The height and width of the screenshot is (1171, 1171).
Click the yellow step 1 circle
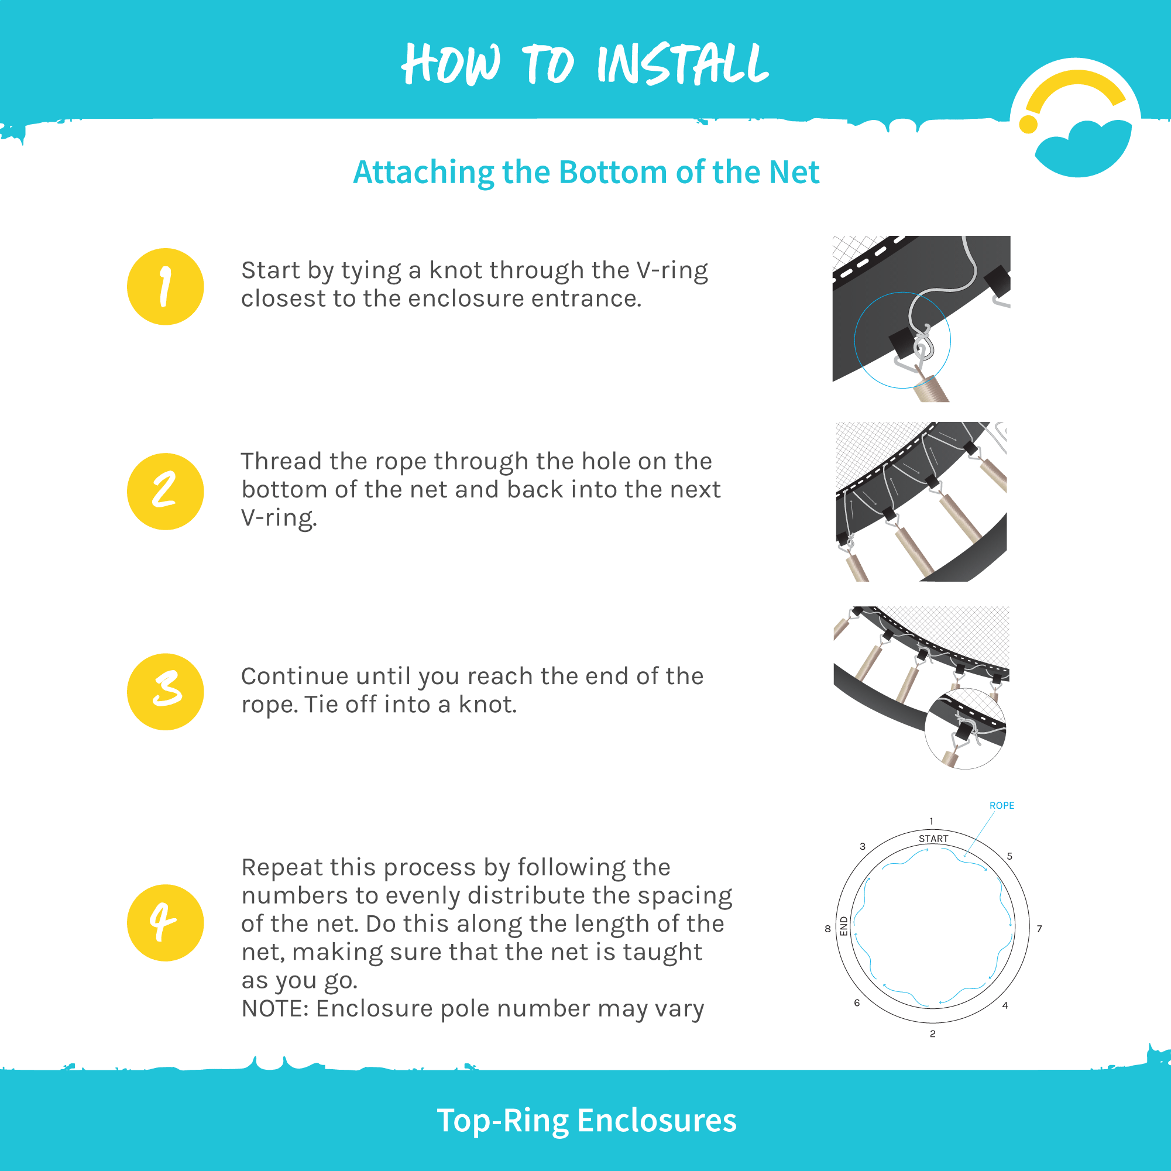coord(166,287)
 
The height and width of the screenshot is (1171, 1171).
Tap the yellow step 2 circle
coord(166,492)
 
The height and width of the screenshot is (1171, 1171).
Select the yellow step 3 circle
coord(166,692)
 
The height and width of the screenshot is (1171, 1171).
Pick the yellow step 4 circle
coord(166,922)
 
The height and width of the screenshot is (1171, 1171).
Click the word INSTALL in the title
coord(683,64)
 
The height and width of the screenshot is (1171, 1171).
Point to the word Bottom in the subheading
coord(613,172)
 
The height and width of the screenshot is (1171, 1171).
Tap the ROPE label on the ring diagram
coord(1001,805)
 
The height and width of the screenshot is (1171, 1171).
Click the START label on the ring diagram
coord(933,839)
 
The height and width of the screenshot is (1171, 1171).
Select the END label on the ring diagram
coord(844,926)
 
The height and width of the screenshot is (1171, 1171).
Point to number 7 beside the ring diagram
coord(1039,929)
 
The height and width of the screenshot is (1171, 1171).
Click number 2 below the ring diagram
coord(933,1034)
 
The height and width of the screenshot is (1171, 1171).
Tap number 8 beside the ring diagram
coord(828,929)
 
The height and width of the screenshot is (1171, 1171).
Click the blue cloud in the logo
coord(1083,149)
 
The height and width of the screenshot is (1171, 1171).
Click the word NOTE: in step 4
coord(276,1008)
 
